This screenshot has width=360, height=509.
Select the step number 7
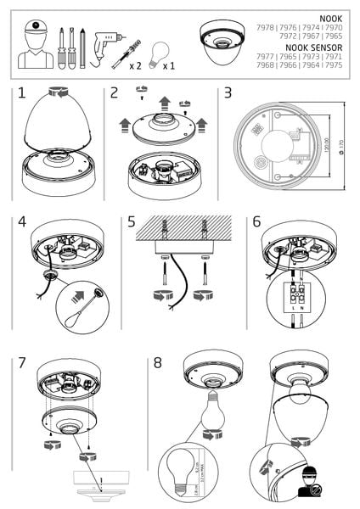click(23, 362)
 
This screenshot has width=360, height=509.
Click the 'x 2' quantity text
click(135, 64)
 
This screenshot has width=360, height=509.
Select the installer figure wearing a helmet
click(37, 46)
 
